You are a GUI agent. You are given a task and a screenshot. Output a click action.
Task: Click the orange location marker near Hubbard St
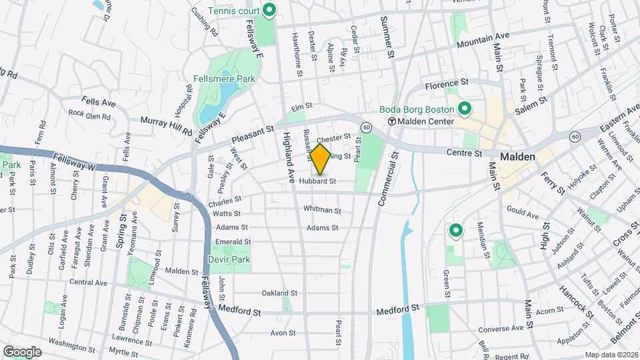pyautogui.click(x=321, y=159)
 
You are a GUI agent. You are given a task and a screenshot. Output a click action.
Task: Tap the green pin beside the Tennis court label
pyautogui.click(x=270, y=10)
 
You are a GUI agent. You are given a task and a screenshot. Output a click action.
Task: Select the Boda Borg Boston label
pyautogui.click(x=417, y=109)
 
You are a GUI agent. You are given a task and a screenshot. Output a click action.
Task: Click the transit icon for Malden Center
pyautogui.click(x=392, y=121)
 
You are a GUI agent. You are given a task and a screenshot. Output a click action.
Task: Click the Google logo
pyautogui.click(x=22, y=351)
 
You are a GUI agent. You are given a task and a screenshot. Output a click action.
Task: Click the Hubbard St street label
pyautogui.click(x=316, y=181)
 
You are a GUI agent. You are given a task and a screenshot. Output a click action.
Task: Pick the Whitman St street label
pyautogui.click(x=322, y=210)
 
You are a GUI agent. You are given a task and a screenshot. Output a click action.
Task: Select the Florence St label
pyautogui.click(x=448, y=85)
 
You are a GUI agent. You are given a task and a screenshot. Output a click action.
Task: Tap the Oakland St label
pyautogui.click(x=279, y=293)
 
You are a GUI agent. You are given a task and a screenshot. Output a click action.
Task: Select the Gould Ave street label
pyautogui.click(x=523, y=215)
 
